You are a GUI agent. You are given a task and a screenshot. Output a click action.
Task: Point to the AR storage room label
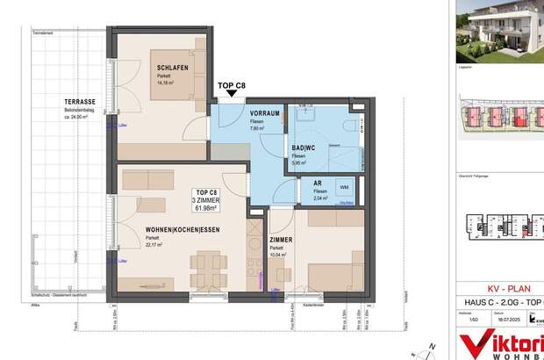pos(319,184)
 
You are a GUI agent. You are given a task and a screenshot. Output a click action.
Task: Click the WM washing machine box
pos(343,187)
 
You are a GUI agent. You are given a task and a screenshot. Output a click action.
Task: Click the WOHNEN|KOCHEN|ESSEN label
pos(182,230)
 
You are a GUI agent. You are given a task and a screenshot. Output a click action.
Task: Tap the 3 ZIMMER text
pos(209,199)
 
